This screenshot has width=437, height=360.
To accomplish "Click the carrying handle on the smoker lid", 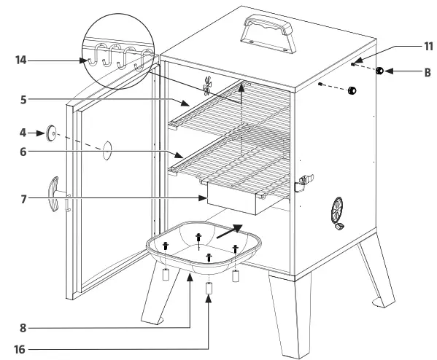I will (x=266, y=33).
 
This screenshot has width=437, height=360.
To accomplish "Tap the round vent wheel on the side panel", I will (x=338, y=211).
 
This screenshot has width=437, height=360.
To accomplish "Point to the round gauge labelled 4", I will (x=51, y=133).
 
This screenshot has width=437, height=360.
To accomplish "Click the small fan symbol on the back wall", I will (x=208, y=87).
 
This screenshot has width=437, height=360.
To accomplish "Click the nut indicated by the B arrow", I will (x=380, y=71).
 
